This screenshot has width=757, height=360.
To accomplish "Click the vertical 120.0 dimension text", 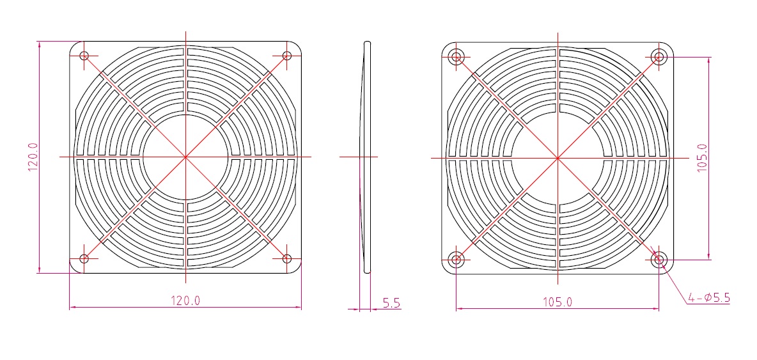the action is coord(33,157).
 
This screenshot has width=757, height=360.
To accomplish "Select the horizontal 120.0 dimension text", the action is coord(185,301).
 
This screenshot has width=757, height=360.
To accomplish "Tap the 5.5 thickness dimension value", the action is coord(391,303).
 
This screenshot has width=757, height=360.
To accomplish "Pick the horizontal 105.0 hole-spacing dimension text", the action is coord(558,302).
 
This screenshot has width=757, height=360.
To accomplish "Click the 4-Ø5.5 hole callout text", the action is coord(709,298).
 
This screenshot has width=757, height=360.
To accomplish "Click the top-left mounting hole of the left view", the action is coord(84,56).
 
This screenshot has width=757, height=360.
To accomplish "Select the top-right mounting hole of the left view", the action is coord(287,56).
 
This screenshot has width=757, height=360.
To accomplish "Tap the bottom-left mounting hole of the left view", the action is coord(84,258).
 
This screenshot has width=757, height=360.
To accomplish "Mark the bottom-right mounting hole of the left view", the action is coord(287,258).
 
